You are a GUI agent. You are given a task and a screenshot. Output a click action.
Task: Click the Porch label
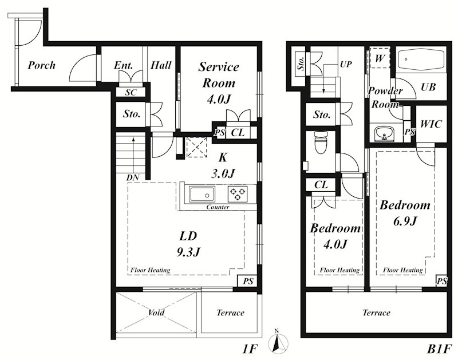click(41, 65)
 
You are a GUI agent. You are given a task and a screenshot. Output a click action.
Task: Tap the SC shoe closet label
click(131, 92)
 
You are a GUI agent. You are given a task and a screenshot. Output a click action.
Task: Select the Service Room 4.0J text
click(219, 83)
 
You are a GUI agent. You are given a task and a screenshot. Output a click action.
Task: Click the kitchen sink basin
click(202, 194)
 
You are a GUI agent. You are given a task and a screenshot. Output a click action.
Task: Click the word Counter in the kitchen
click(218, 207)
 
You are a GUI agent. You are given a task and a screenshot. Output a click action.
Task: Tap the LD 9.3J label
click(188, 244)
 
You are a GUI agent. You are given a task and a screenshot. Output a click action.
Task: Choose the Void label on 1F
click(156, 312)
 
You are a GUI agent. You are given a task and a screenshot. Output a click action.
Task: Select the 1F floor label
click(250, 349)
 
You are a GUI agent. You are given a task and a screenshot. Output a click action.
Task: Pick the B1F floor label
click(440, 349)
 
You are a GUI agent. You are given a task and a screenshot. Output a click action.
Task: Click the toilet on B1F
click(321, 142)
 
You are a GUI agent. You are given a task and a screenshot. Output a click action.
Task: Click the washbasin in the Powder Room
click(384, 133)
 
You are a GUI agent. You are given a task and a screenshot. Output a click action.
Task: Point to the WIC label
click(431, 124)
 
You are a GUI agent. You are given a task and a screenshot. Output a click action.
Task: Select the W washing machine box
click(380, 57)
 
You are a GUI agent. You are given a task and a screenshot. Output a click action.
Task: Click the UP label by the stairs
click(346, 64)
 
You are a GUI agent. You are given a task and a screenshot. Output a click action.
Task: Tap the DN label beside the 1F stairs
click(133, 177)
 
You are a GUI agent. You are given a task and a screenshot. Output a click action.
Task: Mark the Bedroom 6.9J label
click(405, 213)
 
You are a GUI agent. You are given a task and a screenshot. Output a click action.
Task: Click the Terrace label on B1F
click(376, 312)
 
